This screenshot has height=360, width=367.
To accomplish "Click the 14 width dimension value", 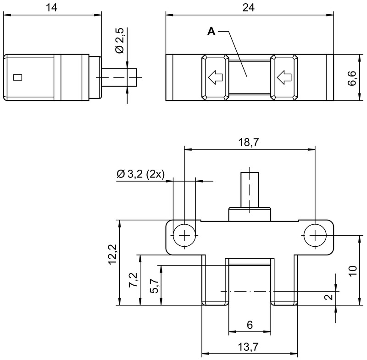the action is (x=51, y=7).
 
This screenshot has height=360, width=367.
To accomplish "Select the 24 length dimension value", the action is (x=248, y=7).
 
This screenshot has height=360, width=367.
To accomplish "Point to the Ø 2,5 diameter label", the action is (x=120, y=40).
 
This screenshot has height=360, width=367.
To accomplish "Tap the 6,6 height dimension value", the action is (x=352, y=78).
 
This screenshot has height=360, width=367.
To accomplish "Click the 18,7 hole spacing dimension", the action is (x=249, y=142).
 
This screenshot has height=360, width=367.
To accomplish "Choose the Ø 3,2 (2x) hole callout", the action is (x=140, y=174).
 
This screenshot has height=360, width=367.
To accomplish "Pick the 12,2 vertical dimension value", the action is (x=112, y=254).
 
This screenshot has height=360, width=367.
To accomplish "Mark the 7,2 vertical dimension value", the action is (x=133, y=280).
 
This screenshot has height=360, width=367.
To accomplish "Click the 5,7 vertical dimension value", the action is (x=155, y=286).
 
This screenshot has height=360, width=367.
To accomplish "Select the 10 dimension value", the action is (x=353, y=271).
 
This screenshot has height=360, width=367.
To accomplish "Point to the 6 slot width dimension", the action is (x=250, y=325).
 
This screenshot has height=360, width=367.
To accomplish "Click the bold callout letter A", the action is (x=211, y=31).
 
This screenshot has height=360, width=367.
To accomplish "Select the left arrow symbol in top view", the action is (x=215, y=78).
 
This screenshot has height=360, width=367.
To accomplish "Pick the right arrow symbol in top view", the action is (x=284, y=78).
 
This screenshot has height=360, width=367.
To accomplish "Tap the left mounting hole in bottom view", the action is (x=184, y=235).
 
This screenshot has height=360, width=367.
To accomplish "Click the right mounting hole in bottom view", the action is (x=315, y=235).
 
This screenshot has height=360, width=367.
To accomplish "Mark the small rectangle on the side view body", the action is (x=17, y=78).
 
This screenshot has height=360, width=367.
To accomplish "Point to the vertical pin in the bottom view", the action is (x=250, y=190).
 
